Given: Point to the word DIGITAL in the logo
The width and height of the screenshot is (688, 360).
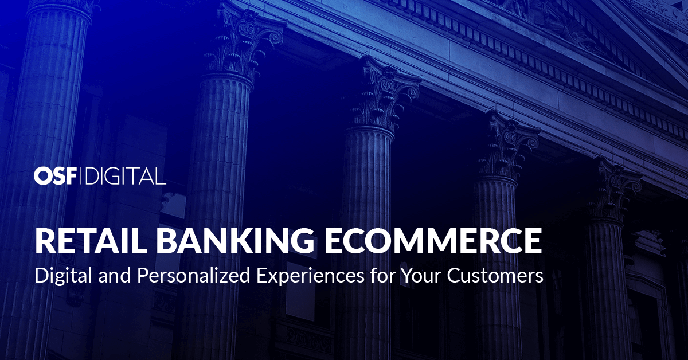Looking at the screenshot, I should coord(125,177).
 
